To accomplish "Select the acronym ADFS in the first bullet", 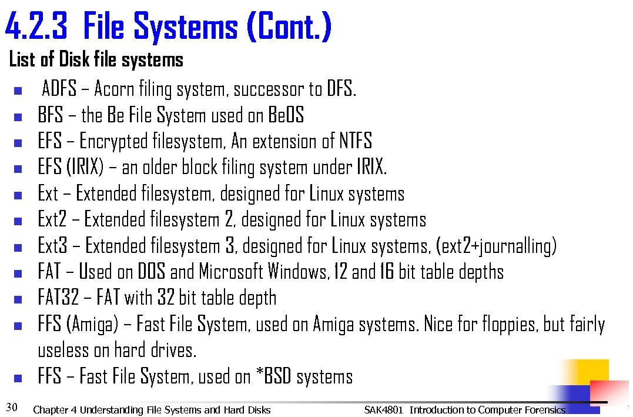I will [x=59, y=89].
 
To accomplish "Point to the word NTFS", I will [x=356, y=141].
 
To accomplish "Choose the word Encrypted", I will [x=114, y=141].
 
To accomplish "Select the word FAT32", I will [x=58, y=298].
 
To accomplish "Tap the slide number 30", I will [x=11, y=406].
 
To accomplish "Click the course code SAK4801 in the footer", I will [x=383, y=410].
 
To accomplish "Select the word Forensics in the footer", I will [x=543, y=410].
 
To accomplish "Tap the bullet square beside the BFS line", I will [x=17, y=116].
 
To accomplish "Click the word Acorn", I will [x=114, y=89].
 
